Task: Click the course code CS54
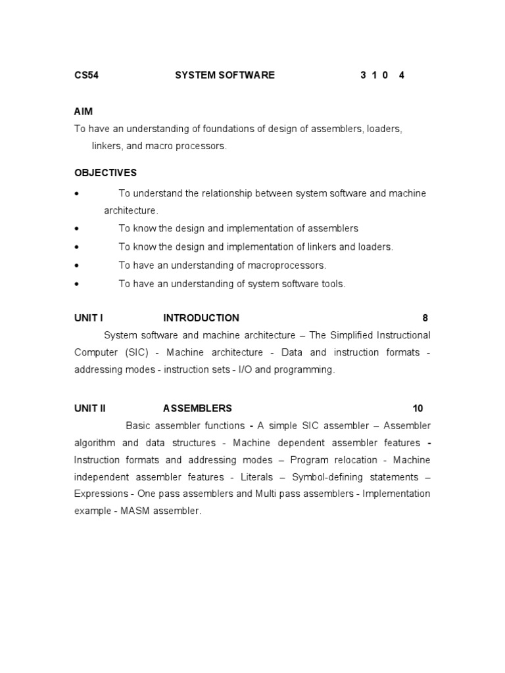coord(86,75)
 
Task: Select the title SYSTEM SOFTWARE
coord(225,75)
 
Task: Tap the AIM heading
coord(84,112)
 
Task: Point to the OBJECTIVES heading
coord(105,173)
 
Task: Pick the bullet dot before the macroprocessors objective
coord(77,266)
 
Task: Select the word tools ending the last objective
coord(331,284)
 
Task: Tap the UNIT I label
coord(89,318)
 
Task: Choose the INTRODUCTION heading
coord(201,318)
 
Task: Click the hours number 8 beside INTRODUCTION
coord(425,318)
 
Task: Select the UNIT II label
coord(90,408)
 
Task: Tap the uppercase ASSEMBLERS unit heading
coord(197,408)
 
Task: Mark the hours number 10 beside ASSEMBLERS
coord(418,408)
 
